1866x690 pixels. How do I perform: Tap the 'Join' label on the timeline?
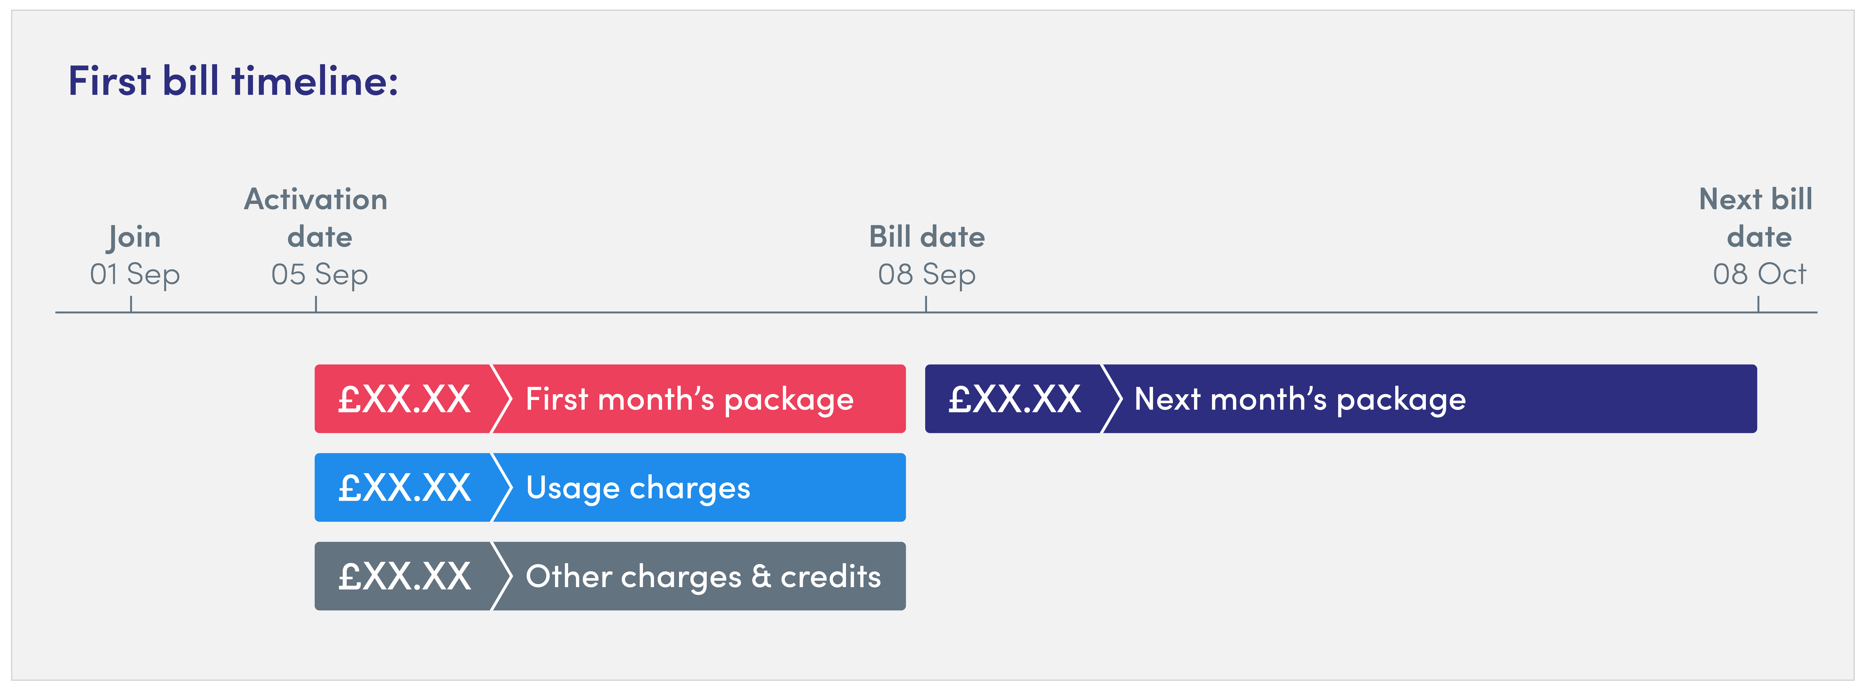[x=134, y=238]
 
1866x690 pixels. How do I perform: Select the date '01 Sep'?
[x=135, y=274]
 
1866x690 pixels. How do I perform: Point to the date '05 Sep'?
[x=320, y=274]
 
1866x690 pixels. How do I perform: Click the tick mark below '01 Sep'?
[x=131, y=304]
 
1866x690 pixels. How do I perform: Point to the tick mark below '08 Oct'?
[x=1758, y=304]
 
